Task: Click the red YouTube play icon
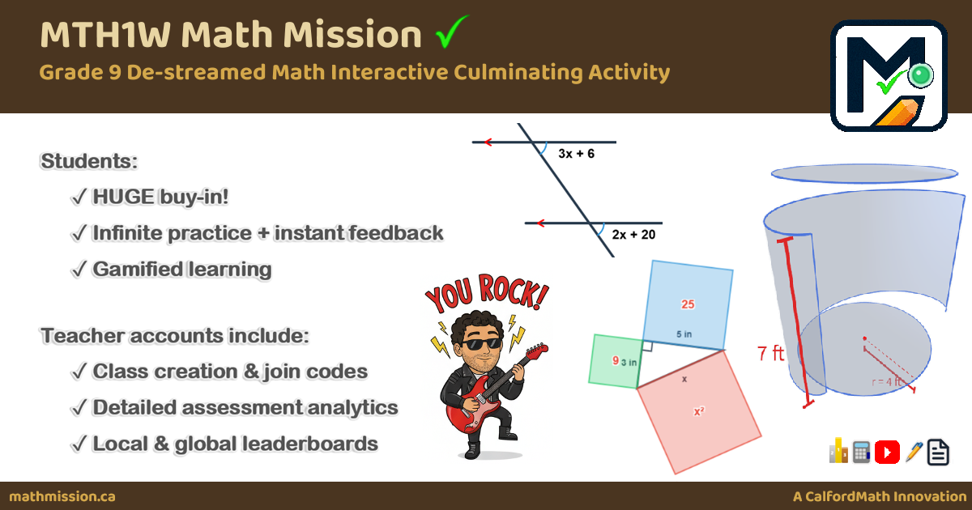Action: coord(888,452)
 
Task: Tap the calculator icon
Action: coord(862,452)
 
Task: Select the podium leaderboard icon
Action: coord(838,452)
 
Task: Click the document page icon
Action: coord(938,452)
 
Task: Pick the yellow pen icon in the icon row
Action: coord(914,452)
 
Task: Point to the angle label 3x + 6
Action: coord(576,153)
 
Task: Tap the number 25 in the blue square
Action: coord(688,304)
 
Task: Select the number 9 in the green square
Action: coord(616,360)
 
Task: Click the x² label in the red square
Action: coord(698,411)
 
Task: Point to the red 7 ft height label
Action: coord(770,354)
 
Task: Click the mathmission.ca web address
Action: coord(62,496)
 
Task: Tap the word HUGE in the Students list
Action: coord(124,197)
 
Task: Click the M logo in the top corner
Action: coord(889,75)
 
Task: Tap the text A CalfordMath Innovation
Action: coord(879,496)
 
